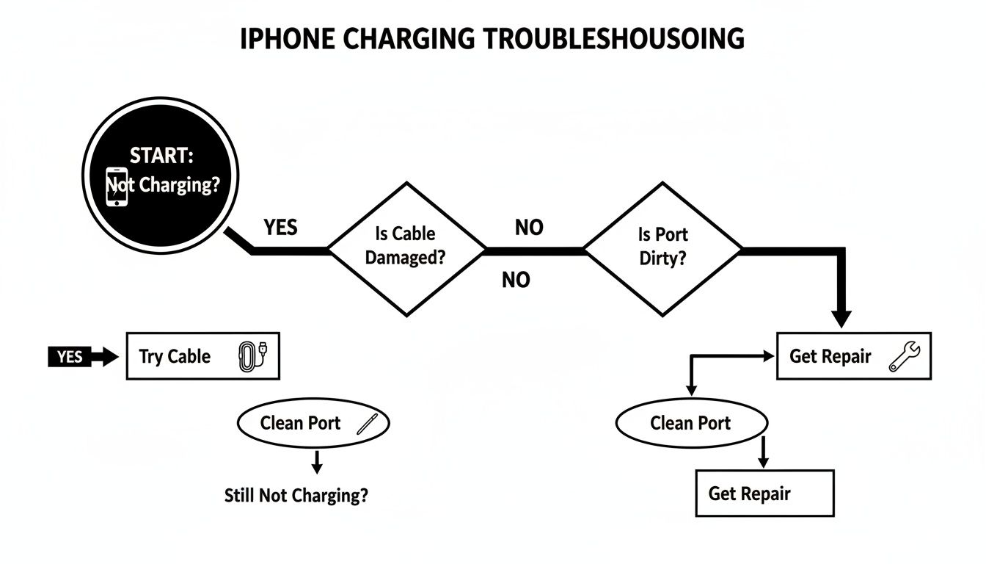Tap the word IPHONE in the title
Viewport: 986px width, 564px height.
[x=282, y=38]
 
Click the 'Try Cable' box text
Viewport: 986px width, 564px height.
[x=175, y=357]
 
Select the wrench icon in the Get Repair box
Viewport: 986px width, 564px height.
[x=899, y=357]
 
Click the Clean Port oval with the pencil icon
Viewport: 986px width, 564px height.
[x=313, y=423]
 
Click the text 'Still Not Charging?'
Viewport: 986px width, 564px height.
[x=296, y=496]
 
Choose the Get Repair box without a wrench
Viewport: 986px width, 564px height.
[x=764, y=493]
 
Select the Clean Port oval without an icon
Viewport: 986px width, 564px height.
[x=690, y=424]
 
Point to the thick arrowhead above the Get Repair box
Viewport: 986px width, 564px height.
[x=842, y=318]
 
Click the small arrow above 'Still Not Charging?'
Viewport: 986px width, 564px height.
[x=316, y=466]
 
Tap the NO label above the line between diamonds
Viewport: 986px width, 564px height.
[x=529, y=228]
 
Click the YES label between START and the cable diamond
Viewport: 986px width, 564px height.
[x=280, y=228]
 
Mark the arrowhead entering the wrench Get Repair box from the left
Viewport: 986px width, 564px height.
[x=769, y=356]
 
